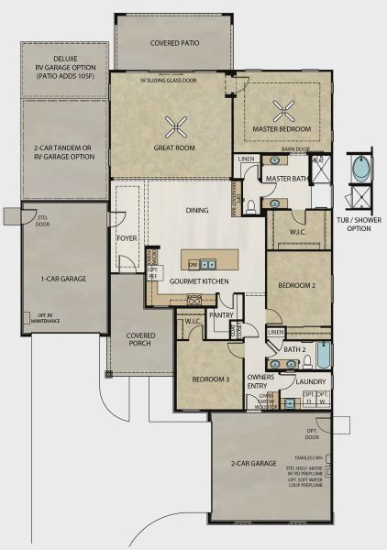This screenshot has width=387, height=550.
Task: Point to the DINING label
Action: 196,210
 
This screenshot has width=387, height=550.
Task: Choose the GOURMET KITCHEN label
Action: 197,280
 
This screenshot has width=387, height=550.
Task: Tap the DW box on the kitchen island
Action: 194,263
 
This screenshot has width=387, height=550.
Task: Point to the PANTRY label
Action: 222,314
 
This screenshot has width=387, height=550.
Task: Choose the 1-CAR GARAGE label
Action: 64,276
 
